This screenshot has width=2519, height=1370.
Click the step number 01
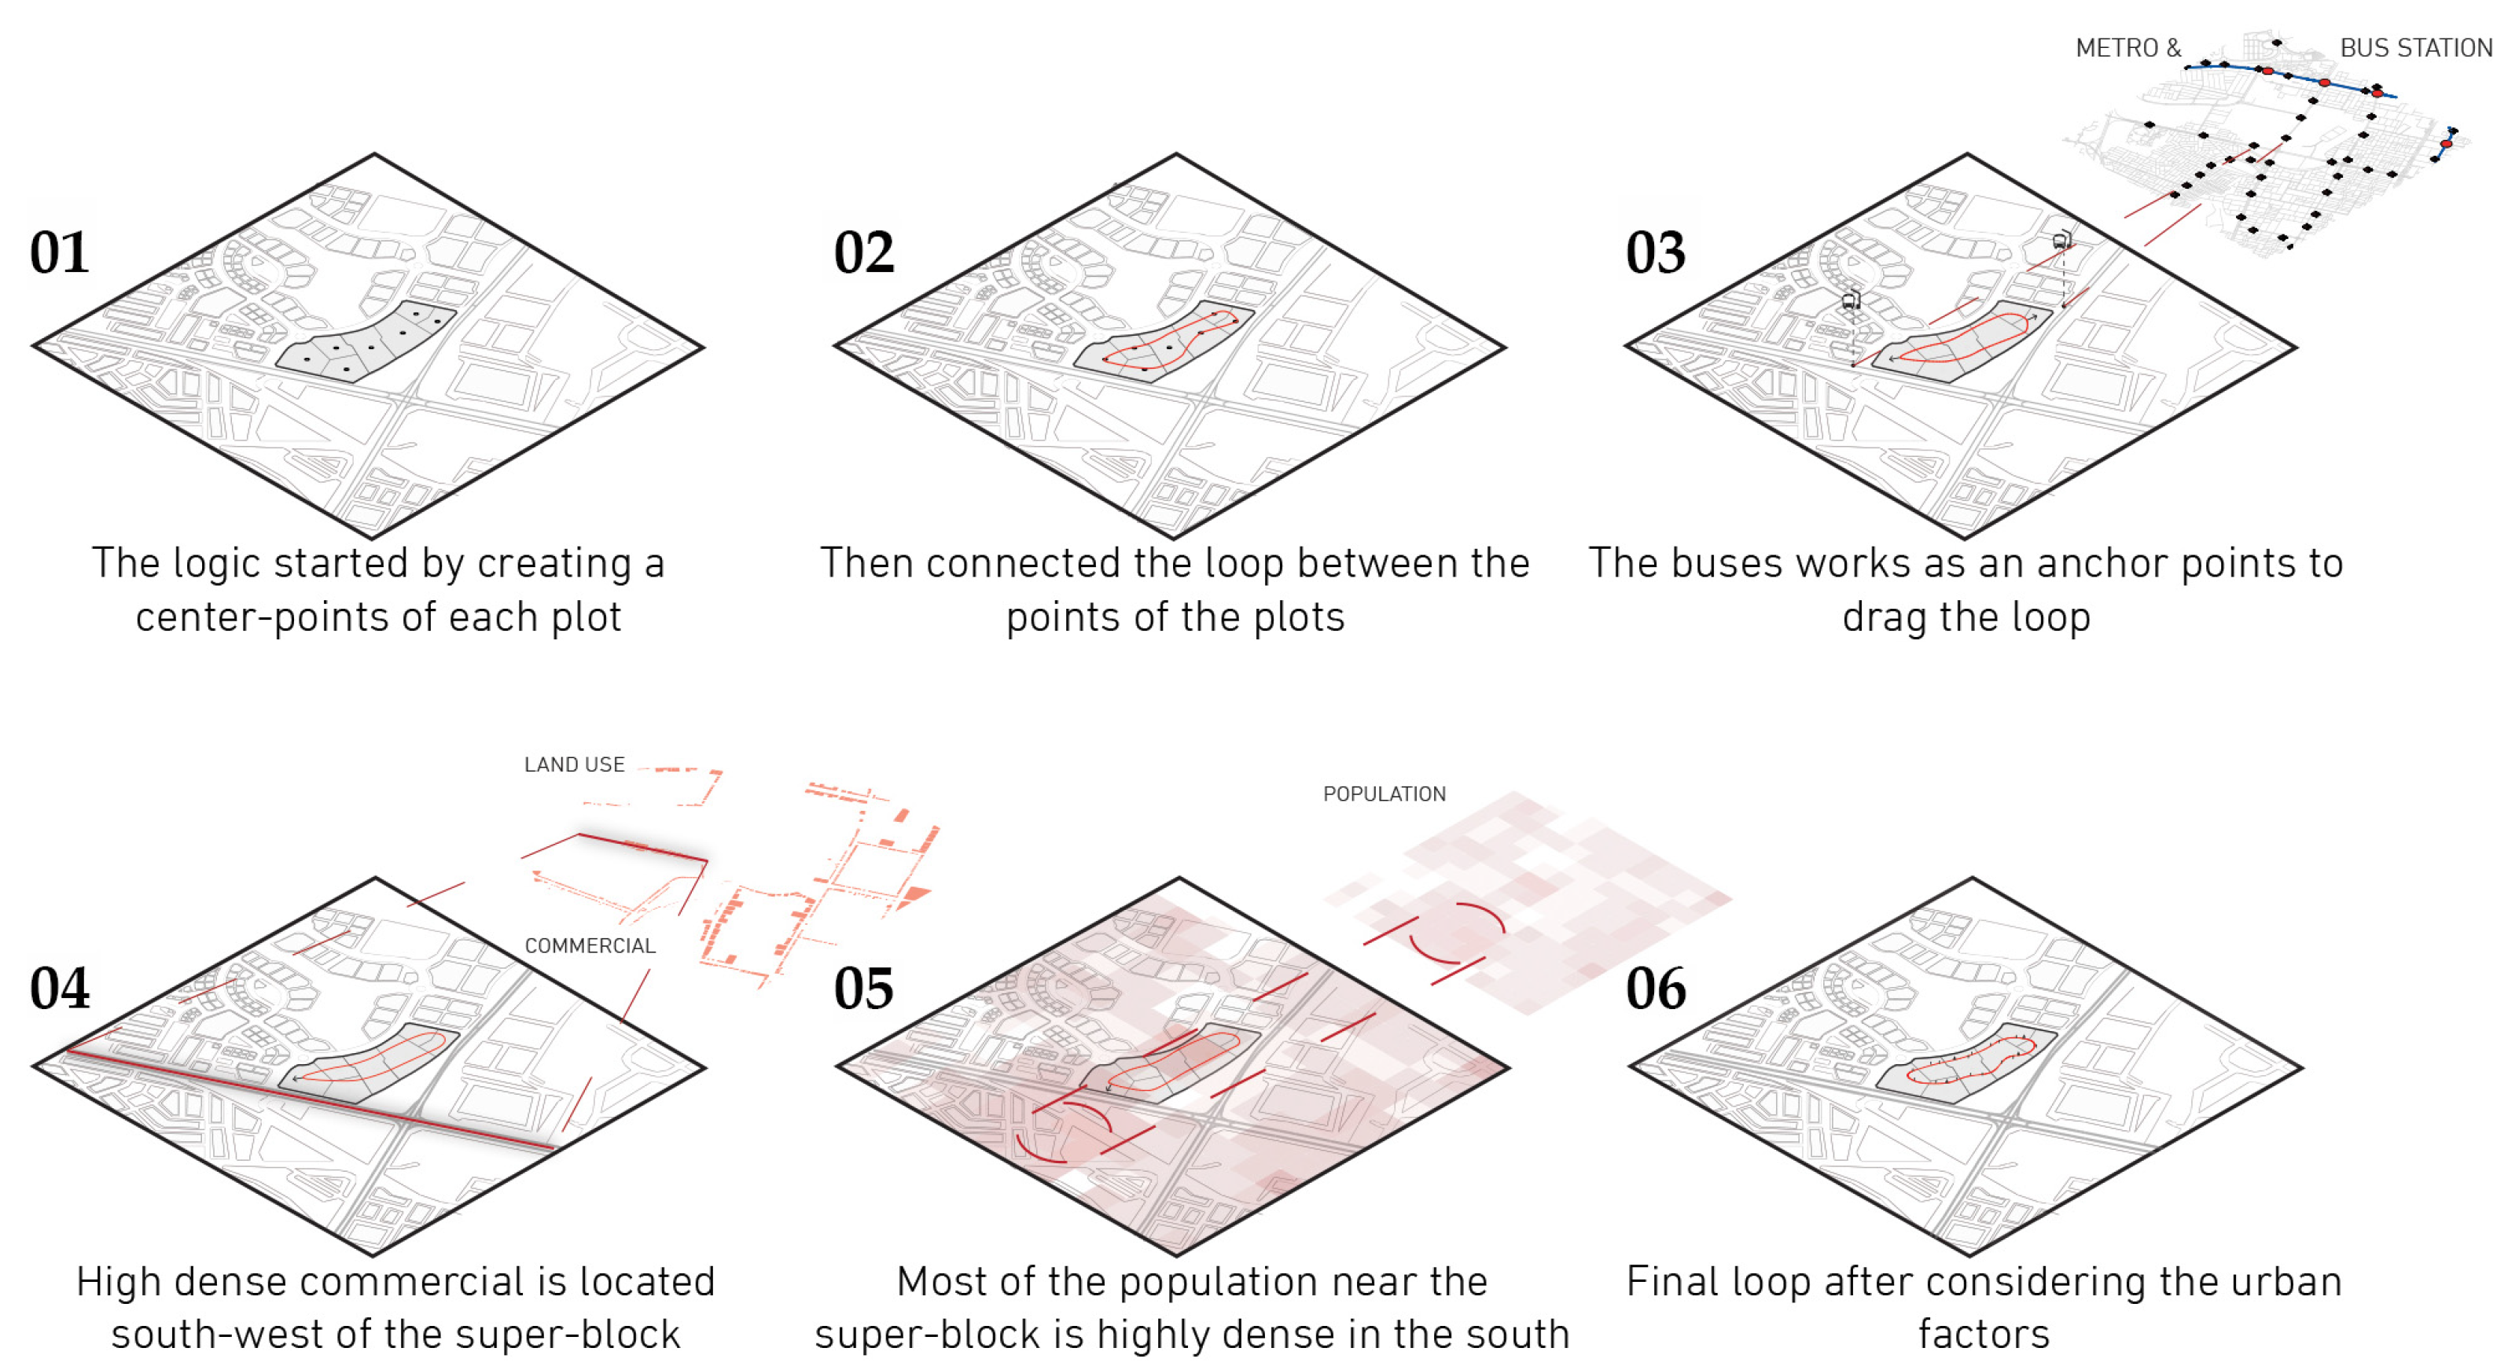click(60, 252)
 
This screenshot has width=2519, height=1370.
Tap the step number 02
click(863, 252)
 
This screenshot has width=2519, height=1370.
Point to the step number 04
click(60, 988)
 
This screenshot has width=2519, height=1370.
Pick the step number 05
click(863, 988)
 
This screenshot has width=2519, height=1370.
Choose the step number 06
click(1656, 988)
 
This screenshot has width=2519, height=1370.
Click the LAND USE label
click(574, 764)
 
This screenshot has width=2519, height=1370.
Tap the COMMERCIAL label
click(590, 945)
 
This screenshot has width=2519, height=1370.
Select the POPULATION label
click(1384, 794)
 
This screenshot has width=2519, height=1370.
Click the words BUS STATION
click(2415, 48)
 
